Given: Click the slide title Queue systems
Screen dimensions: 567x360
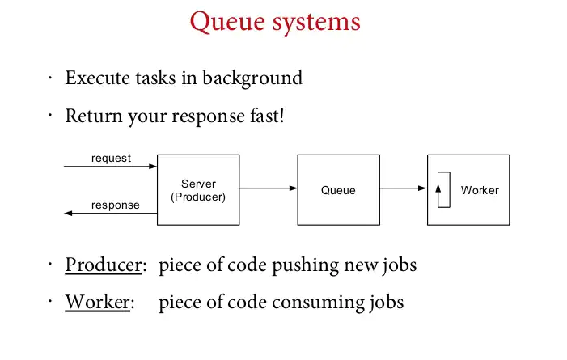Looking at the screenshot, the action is (275, 23).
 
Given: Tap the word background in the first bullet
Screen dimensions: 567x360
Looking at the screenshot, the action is (252, 78).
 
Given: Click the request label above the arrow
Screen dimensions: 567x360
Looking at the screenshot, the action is (111, 158).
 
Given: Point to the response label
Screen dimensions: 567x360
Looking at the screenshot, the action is (116, 205).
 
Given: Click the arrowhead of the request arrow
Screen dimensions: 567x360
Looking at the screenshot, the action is (153, 167).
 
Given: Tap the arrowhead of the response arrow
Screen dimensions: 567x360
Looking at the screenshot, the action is (68, 213).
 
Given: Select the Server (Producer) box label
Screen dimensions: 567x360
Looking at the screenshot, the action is (198, 190).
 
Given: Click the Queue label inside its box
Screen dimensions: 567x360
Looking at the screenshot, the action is (338, 190).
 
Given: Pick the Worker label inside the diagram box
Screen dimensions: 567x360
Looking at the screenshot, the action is (480, 190).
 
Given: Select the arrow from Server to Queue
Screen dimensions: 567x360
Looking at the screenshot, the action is (269, 188).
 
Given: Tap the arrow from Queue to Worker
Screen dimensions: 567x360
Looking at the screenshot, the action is (403, 188).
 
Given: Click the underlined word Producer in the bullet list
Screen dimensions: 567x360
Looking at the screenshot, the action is (104, 265).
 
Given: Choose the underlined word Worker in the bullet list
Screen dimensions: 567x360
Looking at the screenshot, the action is (97, 302).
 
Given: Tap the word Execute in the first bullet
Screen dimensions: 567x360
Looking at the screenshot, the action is (98, 78).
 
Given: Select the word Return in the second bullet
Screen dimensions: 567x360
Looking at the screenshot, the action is (94, 116).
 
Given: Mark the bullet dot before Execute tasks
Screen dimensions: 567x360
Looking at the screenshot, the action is (50, 78).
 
